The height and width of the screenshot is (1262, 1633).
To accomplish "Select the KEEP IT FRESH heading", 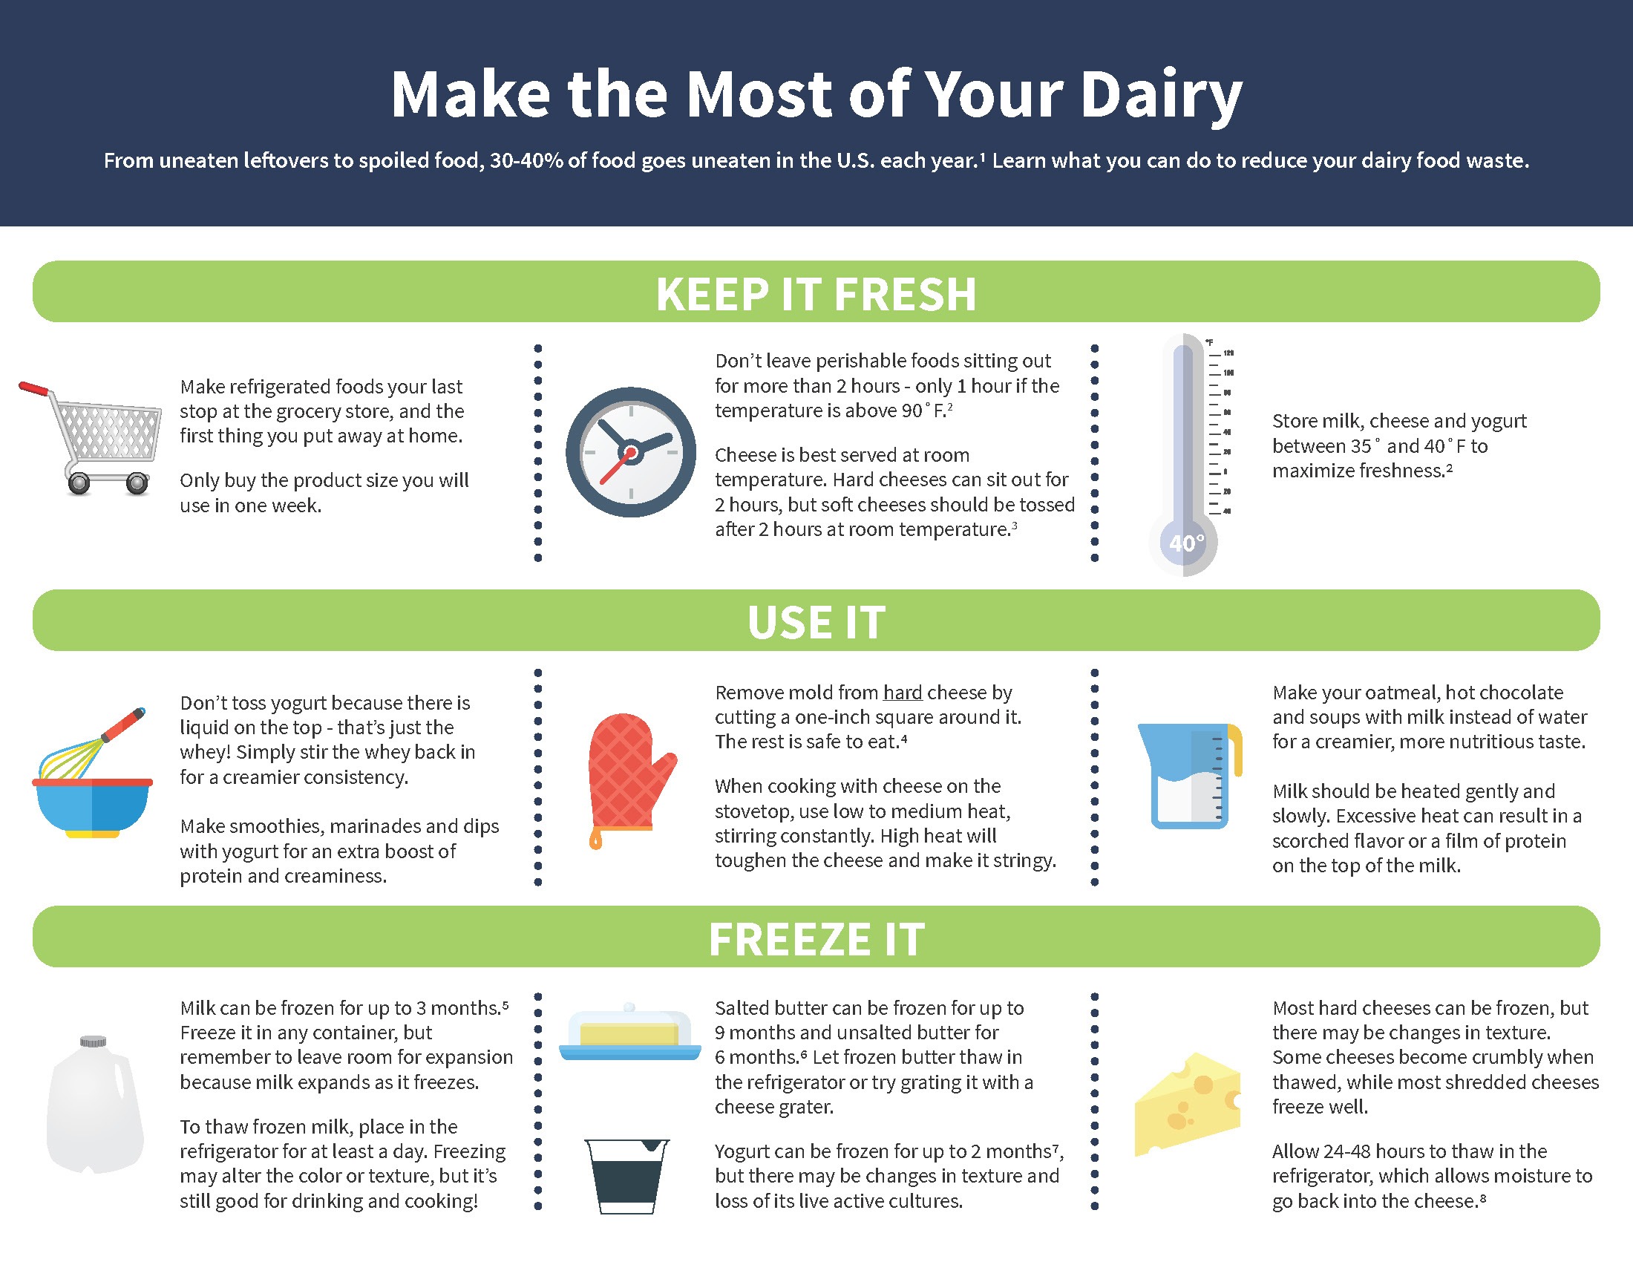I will tap(816, 293).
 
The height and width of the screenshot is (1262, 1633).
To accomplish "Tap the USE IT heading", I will tap(816, 622).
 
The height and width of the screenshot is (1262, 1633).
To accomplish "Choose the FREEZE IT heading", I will tap(816, 939).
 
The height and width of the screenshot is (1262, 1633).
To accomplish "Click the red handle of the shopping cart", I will tap(33, 389).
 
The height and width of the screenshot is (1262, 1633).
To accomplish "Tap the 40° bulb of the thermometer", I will tap(1185, 543).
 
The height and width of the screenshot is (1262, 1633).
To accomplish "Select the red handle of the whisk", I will tap(124, 725).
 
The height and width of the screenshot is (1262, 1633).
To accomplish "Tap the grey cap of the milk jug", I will tap(94, 1042).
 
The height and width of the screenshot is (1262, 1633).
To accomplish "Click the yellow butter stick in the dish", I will tap(629, 1035).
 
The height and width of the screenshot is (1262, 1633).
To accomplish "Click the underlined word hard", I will tap(903, 693).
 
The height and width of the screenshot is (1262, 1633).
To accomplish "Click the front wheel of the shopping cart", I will tap(137, 485).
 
